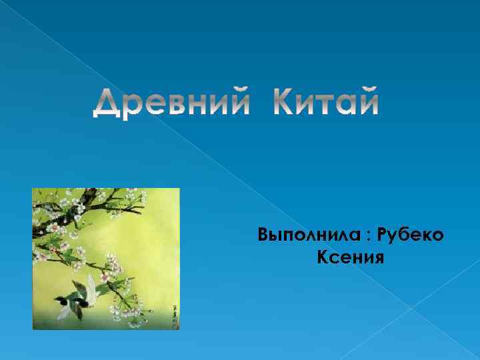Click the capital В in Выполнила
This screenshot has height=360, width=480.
pyautogui.click(x=263, y=235)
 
